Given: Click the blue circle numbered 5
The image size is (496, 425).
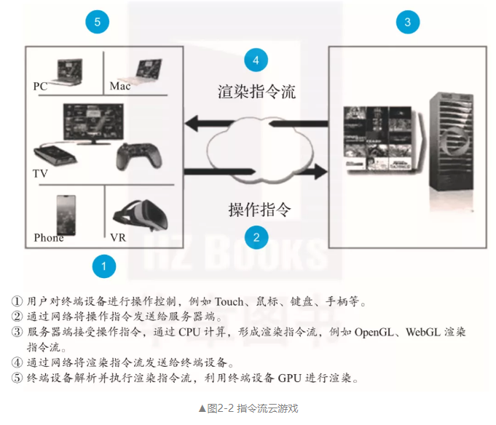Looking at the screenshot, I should [97, 22].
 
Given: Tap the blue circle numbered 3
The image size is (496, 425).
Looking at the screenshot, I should [407, 22].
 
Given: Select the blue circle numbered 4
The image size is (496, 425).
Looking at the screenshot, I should [255, 60].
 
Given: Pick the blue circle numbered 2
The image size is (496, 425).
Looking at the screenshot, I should [256, 237].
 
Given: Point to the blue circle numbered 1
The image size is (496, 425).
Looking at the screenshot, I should [104, 266].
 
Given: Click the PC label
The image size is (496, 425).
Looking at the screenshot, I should [41, 87].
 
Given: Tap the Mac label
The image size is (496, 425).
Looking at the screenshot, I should [120, 87].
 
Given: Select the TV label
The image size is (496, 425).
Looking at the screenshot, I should [40, 175].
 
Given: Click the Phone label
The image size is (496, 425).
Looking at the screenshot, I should [49, 238].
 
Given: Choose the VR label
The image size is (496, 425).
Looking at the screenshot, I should [118, 238].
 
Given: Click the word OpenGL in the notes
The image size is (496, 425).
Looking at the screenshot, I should [377, 333].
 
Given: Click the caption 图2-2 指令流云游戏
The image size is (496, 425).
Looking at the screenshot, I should [248, 408].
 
